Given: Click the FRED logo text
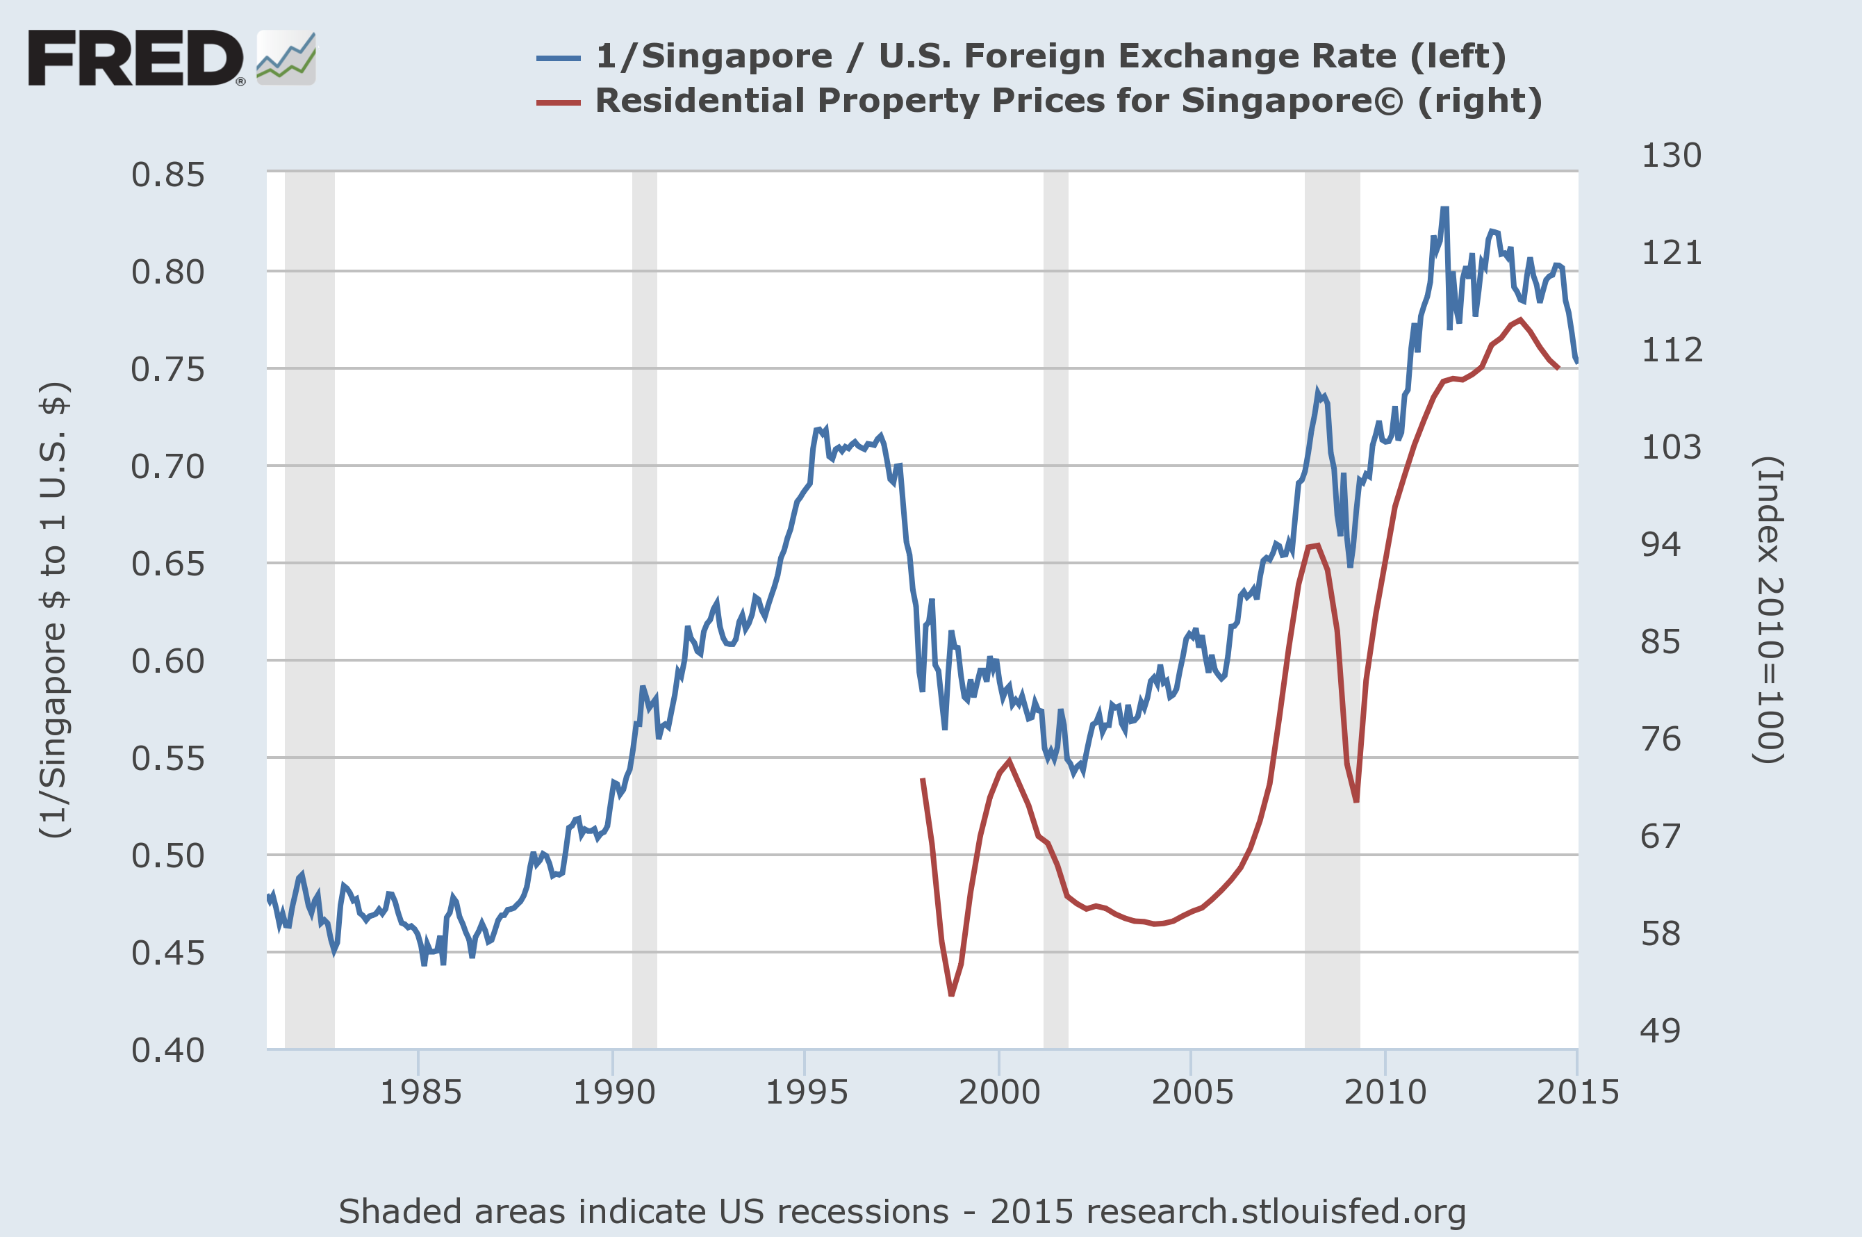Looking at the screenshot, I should (135, 58).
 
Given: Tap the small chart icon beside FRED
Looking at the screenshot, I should (286, 58).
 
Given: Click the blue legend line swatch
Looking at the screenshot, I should (559, 58).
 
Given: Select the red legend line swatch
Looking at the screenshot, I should (559, 103).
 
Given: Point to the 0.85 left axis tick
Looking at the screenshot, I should (168, 175).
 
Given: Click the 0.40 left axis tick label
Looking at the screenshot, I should (168, 1051).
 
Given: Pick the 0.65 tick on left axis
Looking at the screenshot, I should (168, 564).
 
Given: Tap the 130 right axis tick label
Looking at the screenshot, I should (1671, 156).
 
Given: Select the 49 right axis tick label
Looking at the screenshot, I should (1660, 1031).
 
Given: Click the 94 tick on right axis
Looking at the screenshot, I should (1660, 544).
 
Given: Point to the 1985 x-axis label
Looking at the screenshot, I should (420, 1092).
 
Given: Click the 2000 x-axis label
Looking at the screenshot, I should (999, 1092).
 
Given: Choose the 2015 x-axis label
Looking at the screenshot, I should (1577, 1092).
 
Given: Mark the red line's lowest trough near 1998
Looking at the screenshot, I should (951, 994).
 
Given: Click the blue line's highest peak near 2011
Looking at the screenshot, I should (1444, 208).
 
